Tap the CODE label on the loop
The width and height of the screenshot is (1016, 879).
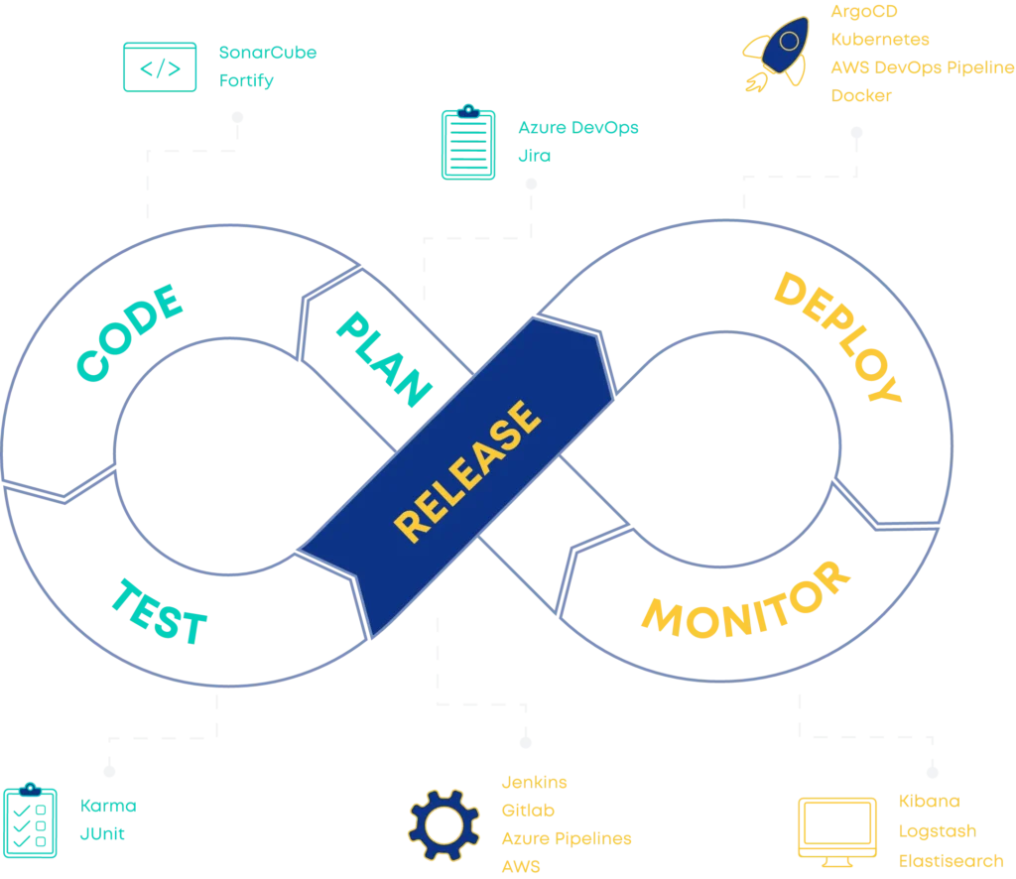pos(129,332)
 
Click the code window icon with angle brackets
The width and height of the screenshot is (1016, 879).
pos(159,67)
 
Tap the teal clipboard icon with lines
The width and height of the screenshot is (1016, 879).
pos(468,144)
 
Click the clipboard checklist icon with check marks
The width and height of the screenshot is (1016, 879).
pos(30,821)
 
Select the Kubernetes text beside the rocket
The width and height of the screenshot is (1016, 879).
pos(880,40)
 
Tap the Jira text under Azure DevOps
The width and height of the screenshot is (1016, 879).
pos(534,157)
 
